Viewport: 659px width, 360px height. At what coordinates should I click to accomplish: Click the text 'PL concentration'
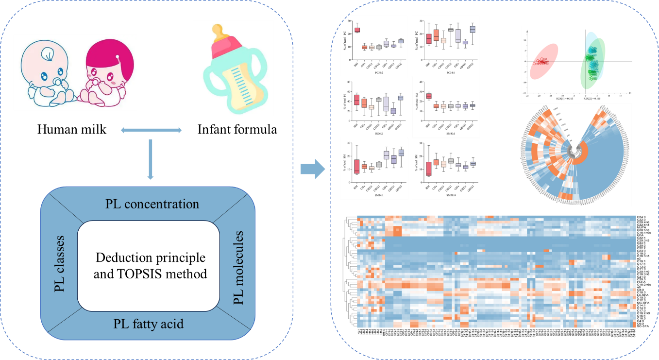pos(152,204)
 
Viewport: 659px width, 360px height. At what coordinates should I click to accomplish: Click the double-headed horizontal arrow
pos(151,130)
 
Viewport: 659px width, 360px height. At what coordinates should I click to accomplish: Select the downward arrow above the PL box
pos(151,157)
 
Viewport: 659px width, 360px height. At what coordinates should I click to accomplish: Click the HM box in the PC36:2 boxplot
pos(357,30)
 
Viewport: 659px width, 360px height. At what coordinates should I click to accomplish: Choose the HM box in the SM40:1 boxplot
pos(429,96)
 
